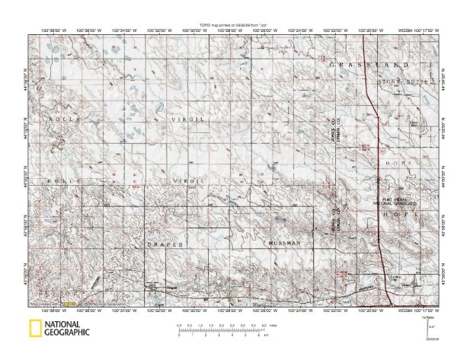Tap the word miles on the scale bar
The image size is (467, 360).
[275, 325]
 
